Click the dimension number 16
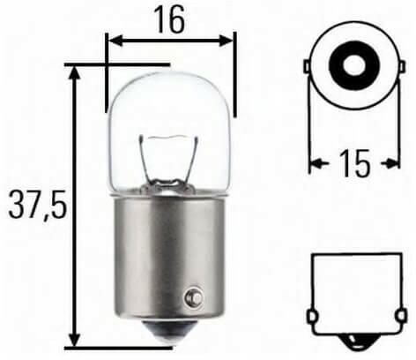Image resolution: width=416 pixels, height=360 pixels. [x=170, y=19]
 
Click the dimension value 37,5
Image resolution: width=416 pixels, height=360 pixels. [x=38, y=205]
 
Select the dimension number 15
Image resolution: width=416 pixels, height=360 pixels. [x=354, y=163]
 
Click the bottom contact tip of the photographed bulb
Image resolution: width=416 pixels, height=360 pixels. [x=170, y=333]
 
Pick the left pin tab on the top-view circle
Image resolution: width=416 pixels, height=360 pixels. [x=306, y=66]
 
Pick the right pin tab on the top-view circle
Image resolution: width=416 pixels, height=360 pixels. [x=403, y=67]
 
